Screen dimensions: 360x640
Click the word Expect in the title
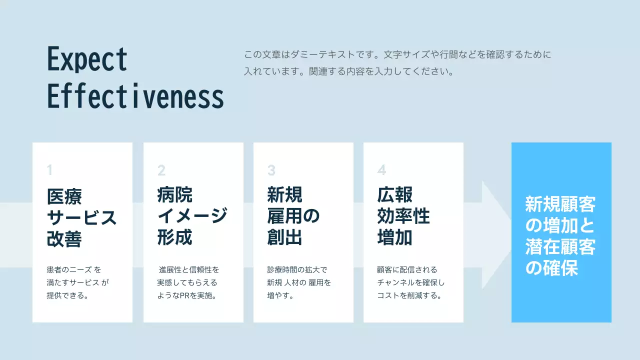click(87, 59)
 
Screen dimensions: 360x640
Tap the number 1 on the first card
click(49, 170)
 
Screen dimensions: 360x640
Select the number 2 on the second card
click(161, 170)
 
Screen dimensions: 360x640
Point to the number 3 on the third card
click(271, 170)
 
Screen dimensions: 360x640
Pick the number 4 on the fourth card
click(381, 170)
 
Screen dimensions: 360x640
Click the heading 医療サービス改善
click(81, 217)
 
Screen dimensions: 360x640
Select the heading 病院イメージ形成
click(192, 216)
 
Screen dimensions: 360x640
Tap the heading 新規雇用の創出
click(293, 216)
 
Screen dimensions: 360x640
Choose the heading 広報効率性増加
click(403, 216)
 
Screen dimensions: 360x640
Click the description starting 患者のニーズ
click(77, 282)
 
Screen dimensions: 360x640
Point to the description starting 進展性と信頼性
click(188, 282)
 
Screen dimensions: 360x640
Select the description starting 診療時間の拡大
click(299, 282)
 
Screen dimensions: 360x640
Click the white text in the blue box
click(560, 236)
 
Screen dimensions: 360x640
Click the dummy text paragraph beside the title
click(397, 62)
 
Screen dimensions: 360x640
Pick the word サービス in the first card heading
click(81, 217)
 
